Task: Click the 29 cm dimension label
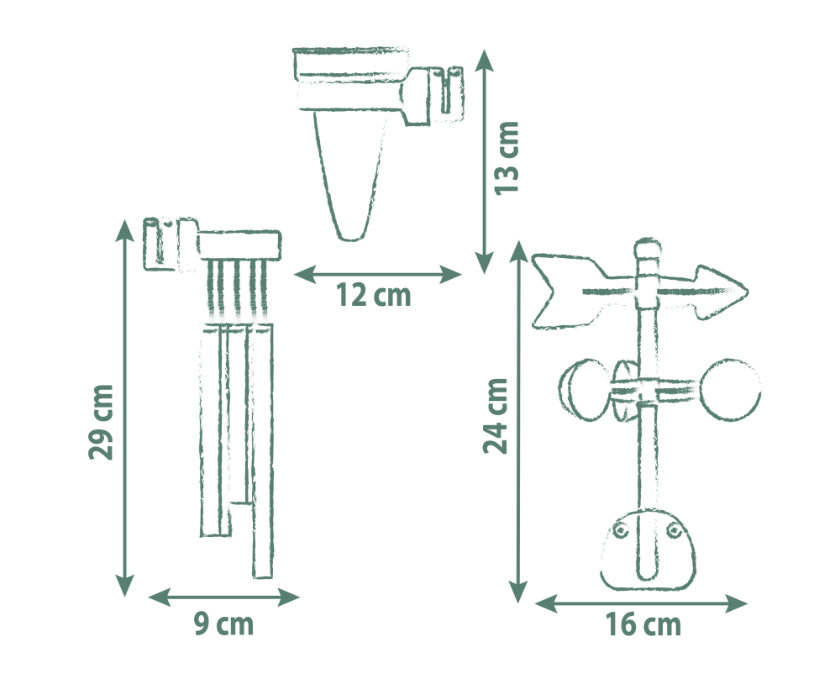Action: [x=102, y=422]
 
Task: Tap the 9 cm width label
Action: [x=223, y=624]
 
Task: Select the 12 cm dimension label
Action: [x=374, y=295]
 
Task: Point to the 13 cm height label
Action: [x=507, y=158]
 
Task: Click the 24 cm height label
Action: [x=496, y=416]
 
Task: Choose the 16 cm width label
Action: [x=643, y=624]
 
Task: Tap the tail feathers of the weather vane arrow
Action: [x=568, y=291]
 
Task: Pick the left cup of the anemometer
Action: [x=583, y=390]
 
